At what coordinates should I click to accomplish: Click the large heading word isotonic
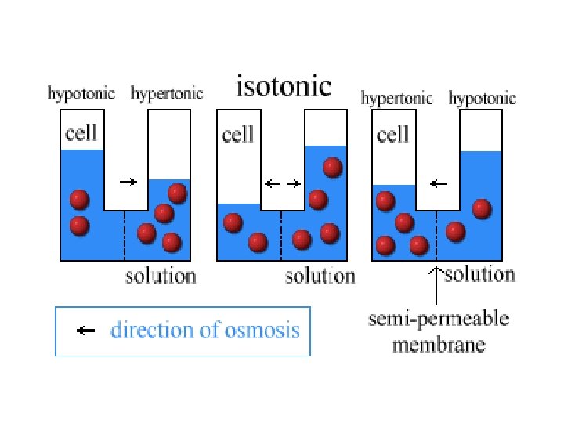pos(284,85)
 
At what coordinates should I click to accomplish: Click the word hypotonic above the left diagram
pos(81,94)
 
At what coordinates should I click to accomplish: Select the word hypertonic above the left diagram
pos(167,94)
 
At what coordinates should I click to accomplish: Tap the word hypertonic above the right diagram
pos(396,98)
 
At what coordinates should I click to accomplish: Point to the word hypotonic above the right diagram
pos(482,98)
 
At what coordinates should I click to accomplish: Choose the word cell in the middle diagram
pos(238,135)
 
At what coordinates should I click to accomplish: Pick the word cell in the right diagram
pos(393,135)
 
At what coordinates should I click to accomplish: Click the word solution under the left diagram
pos(161,276)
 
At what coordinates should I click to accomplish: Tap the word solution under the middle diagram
pos(320,276)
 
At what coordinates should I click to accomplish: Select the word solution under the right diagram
pos(479,274)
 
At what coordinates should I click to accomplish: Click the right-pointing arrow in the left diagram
pos(128,182)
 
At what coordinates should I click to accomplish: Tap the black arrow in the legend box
pos(85,331)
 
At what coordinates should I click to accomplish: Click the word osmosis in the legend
pos(262,330)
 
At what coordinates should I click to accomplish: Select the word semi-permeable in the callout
pos(439,320)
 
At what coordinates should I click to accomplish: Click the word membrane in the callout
pos(439,345)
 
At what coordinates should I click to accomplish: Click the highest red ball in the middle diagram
pos(333,167)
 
